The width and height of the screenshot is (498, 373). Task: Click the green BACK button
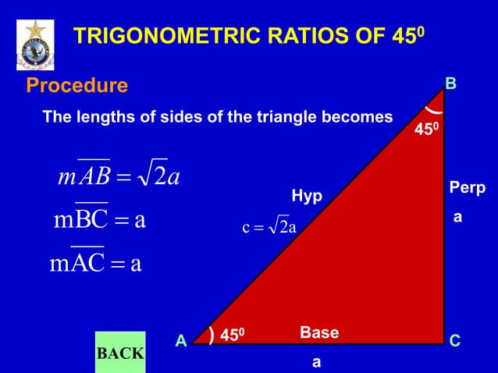coord(119,353)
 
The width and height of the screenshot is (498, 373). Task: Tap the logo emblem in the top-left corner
coord(35,44)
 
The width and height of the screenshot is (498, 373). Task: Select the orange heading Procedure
coord(77,84)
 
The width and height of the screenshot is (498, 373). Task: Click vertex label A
coord(180,341)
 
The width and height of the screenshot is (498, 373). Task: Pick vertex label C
coord(455,341)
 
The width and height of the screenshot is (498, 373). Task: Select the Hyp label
coord(307,196)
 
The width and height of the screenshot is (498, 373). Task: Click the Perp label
coord(467,189)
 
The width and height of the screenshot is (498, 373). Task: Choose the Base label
coord(318,333)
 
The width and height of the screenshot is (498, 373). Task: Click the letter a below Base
coord(315,362)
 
